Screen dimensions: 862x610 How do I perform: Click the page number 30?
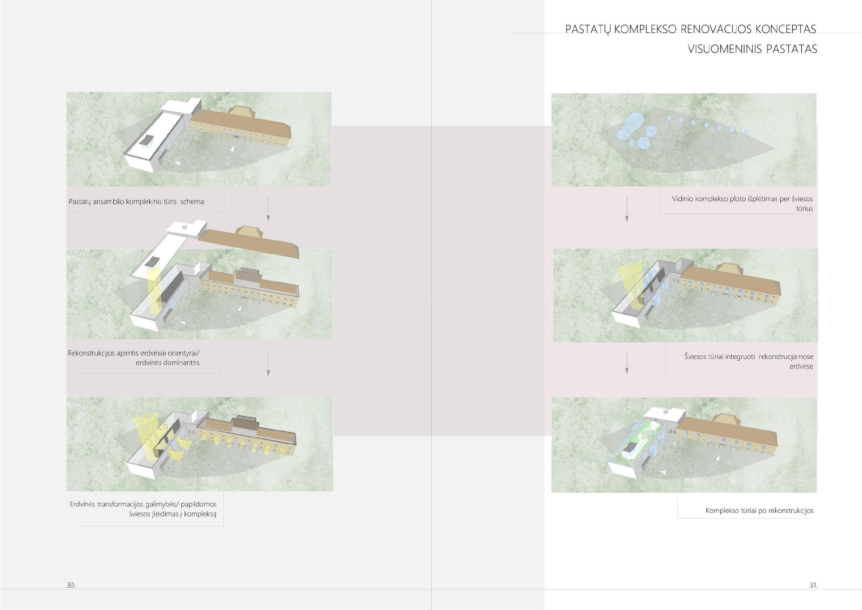(71, 585)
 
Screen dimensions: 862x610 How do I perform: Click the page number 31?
(813, 585)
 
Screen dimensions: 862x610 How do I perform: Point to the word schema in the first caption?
(192, 202)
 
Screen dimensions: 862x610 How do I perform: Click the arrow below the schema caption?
(268, 208)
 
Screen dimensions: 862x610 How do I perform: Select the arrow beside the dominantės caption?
(268, 364)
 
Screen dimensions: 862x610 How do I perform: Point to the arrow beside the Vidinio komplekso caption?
(627, 209)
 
